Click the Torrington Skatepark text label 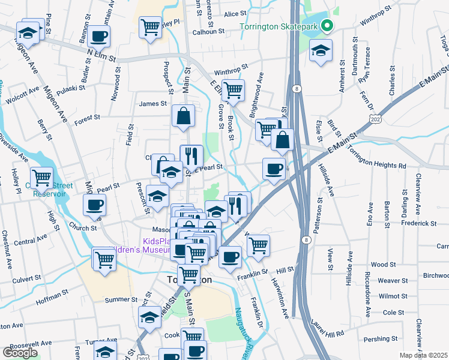[x=279, y=26]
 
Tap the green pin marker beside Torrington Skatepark [x=327, y=26]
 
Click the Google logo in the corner [x=20, y=353]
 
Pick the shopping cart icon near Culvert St [x=104, y=260]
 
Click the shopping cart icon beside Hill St [x=258, y=245]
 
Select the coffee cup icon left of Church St [x=95, y=205]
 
